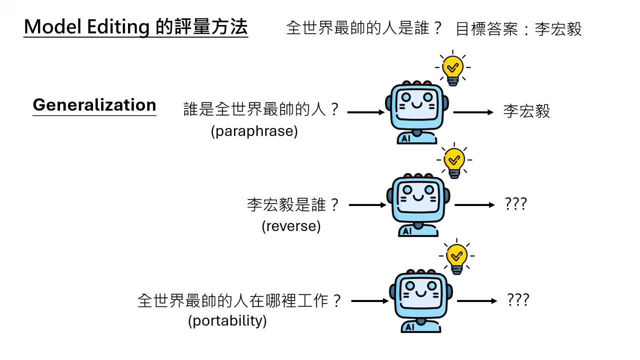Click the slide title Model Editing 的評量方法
[x=135, y=27]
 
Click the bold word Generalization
[x=94, y=105]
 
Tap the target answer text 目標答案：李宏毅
[x=518, y=29]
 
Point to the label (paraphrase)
[x=254, y=131]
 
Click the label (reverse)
[x=291, y=226]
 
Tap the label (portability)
[x=227, y=320]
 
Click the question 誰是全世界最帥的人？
[x=261, y=109]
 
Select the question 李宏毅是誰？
[x=293, y=204]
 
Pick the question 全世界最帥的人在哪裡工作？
[x=239, y=300]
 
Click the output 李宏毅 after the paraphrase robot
[x=526, y=111]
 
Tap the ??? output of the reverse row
[x=516, y=204]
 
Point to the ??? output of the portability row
[x=518, y=300]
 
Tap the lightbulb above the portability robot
[x=456, y=258]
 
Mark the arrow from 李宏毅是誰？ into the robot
[x=367, y=205]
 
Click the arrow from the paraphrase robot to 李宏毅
[x=473, y=112]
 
